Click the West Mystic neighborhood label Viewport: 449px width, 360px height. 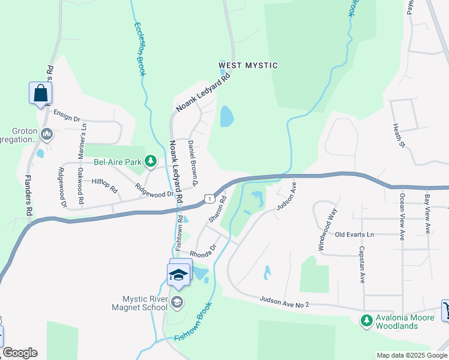point(248,65)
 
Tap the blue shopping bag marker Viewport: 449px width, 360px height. point(40,93)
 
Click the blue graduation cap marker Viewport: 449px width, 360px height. point(178,275)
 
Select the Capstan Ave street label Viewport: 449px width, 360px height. point(363,264)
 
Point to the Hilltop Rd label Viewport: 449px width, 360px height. point(104,185)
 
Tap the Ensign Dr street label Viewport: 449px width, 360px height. point(66,115)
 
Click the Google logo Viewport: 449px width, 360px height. point(20,353)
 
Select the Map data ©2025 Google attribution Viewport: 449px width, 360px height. point(411,355)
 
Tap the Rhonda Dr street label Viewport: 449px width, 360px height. point(203,251)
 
